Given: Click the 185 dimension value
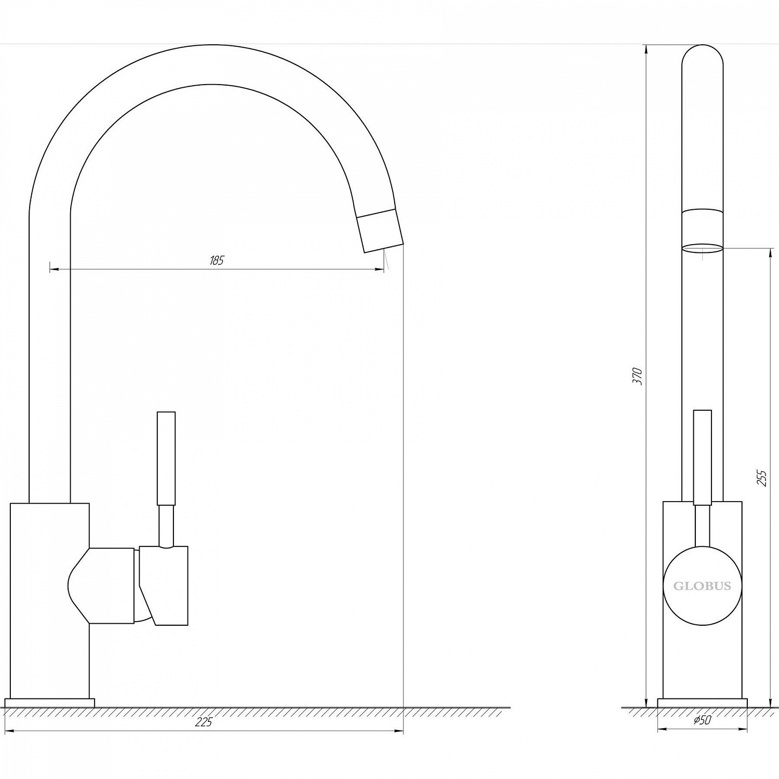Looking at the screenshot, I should pyautogui.click(x=217, y=260).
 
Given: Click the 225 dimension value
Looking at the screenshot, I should pyautogui.click(x=204, y=722).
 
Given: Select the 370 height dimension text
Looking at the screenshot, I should pyautogui.click(x=638, y=376).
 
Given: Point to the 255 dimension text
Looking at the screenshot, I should pyautogui.click(x=762, y=477).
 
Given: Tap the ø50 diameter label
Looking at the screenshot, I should pyautogui.click(x=702, y=720).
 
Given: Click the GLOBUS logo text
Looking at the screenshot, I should pyautogui.click(x=702, y=586).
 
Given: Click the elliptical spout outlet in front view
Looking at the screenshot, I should pyautogui.click(x=702, y=248).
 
